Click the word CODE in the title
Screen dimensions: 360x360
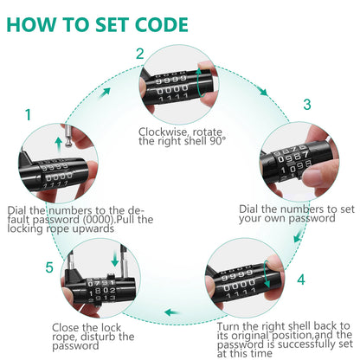pos(162,24)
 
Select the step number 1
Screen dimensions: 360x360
pos(28,115)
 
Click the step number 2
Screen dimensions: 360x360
pos(140,54)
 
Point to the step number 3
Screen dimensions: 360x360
pos(307,105)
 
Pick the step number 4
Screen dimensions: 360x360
pos(301,280)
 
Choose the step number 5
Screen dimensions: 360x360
pos(49,267)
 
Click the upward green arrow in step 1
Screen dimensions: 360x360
pos(59,145)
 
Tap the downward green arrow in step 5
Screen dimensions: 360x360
pos(115,259)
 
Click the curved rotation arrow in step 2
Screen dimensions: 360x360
pos(198,82)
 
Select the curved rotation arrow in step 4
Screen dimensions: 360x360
pos(267,274)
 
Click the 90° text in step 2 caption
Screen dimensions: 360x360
pos(216,141)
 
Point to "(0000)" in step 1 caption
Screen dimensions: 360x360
pos(98,220)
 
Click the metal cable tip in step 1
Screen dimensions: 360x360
pos(67,136)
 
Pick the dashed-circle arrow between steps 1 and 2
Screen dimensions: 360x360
pos(105,93)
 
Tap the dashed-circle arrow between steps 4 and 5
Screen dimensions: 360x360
pos(172,312)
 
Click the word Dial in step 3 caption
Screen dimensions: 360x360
pos(248,209)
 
